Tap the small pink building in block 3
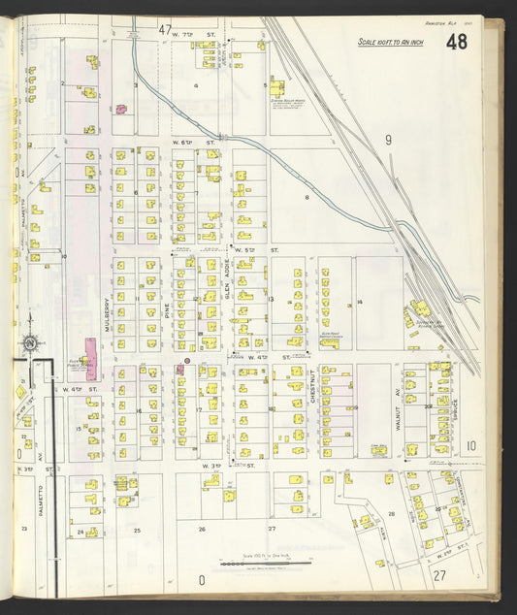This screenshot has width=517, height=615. (122, 110)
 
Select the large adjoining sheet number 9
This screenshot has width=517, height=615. (388, 141)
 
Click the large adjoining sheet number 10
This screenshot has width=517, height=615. (469, 447)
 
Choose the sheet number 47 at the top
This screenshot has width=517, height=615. (165, 28)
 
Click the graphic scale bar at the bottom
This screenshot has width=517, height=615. (264, 562)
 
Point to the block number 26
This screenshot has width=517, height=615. (202, 530)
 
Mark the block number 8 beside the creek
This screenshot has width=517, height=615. (307, 197)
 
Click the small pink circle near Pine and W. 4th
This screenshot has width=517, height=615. (187, 361)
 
